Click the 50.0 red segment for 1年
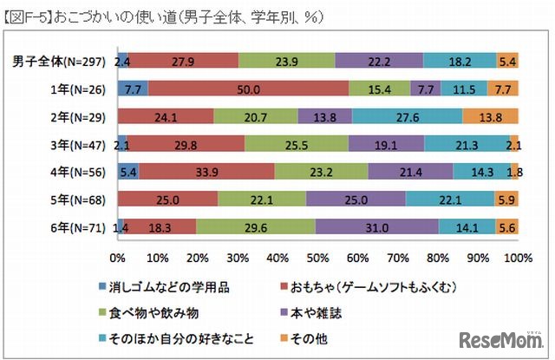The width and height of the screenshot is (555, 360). coord(248,88)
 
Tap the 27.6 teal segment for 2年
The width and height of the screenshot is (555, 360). coord(407,116)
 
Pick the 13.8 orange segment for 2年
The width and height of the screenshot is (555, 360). coord(490,116)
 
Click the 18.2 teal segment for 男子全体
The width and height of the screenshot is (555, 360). coord(460,61)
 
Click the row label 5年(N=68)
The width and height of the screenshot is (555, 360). coord(80,200)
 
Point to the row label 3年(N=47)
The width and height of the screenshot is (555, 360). coord(80,144)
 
